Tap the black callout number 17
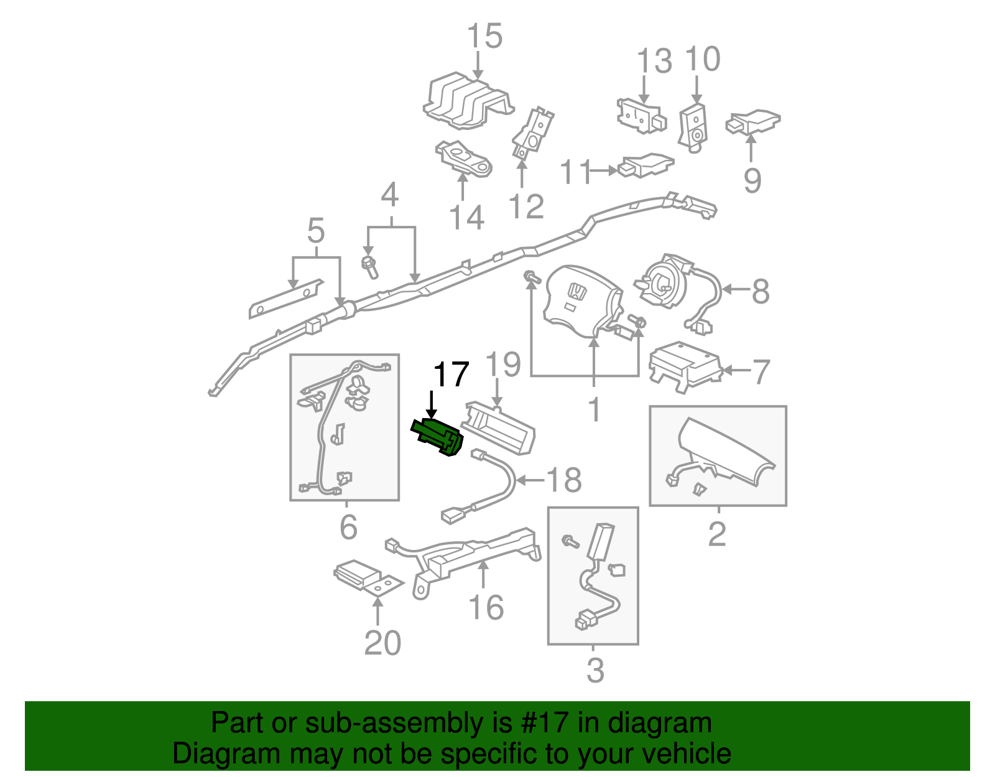pos(451,375)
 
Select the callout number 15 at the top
pos(484,36)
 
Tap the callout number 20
pos(382,643)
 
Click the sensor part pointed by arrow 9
pos(754,121)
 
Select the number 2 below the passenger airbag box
pos(717,534)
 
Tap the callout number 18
pos(563,480)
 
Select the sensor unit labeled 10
pos(693,128)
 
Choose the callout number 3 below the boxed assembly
pos(595,670)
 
